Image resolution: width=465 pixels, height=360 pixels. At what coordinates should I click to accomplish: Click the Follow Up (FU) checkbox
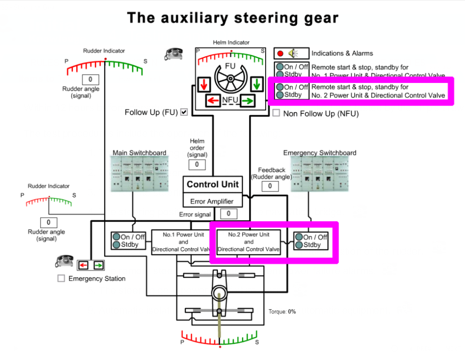(x=184, y=112)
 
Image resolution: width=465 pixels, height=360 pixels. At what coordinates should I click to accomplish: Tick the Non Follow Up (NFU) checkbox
(x=276, y=113)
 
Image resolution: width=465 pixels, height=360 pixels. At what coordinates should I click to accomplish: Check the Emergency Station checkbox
(x=61, y=278)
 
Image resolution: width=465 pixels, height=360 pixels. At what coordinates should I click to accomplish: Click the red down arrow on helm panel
(x=204, y=84)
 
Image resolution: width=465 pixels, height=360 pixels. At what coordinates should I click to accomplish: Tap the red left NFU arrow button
(x=213, y=100)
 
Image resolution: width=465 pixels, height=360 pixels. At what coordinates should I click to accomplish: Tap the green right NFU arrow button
(x=247, y=100)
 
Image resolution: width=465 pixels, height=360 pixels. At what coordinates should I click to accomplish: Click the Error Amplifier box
(x=212, y=201)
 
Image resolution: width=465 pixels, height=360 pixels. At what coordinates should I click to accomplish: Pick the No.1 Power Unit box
(x=180, y=242)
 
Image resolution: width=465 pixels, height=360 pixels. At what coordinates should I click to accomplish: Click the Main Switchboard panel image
(x=140, y=174)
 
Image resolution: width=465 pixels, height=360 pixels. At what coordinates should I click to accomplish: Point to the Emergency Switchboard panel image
(x=320, y=174)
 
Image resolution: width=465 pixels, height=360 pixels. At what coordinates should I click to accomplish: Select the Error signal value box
(x=229, y=214)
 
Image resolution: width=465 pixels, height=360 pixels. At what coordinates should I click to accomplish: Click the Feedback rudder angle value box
(x=271, y=186)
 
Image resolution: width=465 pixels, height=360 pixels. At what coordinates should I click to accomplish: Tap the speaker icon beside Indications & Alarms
(x=292, y=53)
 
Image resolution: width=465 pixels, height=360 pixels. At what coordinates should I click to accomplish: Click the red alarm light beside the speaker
(x=280, y=53)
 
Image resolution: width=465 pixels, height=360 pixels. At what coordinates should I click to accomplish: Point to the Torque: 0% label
(x=282, y=311)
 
